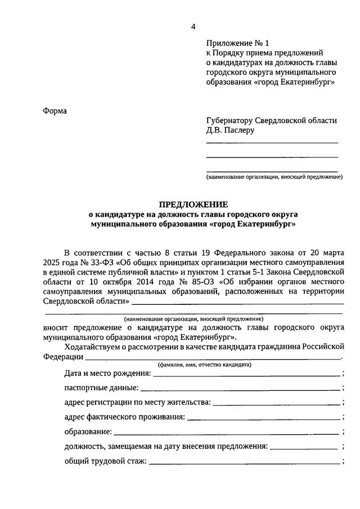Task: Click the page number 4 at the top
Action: (193, 26)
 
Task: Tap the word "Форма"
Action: (55, 110)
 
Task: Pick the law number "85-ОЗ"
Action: (200, 282)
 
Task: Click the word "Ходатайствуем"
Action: (92, 346)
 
